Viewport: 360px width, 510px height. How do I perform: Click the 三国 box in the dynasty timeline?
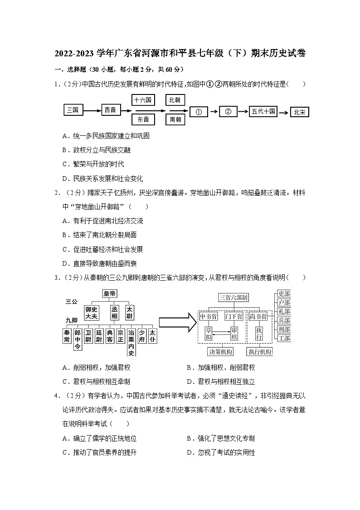point(73,110)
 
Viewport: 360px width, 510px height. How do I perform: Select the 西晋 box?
point(110,110)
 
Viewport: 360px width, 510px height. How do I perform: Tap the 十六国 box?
point(143,99)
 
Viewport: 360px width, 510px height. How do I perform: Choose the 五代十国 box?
point(263,111)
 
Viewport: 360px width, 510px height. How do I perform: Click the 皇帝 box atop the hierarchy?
point(112,294)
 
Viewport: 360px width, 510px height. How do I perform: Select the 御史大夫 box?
point(91,313)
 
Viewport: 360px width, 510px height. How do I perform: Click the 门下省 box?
point(234,316)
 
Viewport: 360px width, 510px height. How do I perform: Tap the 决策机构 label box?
point(220,352)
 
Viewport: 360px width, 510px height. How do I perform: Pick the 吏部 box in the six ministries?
point(284,294)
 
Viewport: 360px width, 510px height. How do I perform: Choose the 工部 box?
point(284,338)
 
